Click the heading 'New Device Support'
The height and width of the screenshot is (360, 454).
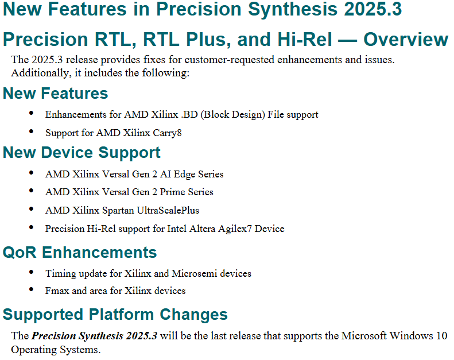[82, 153]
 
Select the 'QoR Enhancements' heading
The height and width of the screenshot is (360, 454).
[80, 252]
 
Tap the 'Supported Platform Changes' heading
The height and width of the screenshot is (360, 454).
[115, 315]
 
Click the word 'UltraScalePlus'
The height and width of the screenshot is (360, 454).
[168, 210]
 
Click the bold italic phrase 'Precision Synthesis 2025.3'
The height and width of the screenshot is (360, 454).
[94, 336]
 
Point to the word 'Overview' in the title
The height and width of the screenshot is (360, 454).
[406, 40]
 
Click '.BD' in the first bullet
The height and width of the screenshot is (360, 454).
[189, 115]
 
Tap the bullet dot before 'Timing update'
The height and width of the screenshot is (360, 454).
[31, 272]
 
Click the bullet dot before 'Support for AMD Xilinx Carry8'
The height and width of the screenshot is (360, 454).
[31, 131]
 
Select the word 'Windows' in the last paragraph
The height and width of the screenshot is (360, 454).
[411, 336]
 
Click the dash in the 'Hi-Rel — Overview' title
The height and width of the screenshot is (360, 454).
[347, 40]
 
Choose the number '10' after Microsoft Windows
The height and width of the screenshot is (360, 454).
[441, 336]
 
